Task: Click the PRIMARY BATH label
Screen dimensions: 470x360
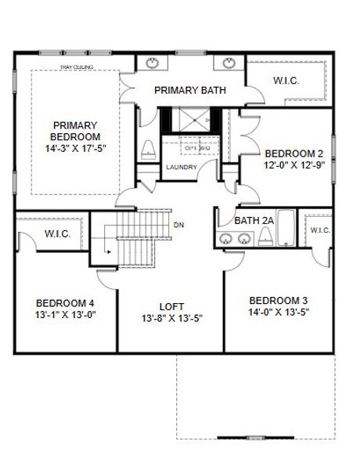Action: click(x=190, y=90)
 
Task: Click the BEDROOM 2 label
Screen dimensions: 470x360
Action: click(x=293, y=154)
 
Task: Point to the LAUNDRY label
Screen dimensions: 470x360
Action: click(x=181, y=167)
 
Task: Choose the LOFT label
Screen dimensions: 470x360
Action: click(x=171, y=307)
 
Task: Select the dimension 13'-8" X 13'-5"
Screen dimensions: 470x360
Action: click(x=171, y=319)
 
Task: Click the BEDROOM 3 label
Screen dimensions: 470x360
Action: click(x=279, y=300)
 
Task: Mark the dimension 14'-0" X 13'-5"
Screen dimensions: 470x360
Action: click(x=279, y=312)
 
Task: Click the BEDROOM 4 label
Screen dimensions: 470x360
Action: click(x=65, y=303)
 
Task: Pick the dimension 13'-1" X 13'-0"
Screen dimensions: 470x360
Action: click(x=65, y=315)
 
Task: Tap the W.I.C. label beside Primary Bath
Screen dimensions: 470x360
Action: click(x=286, y=80)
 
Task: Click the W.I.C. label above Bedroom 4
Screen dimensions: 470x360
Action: click(x=59, y=233)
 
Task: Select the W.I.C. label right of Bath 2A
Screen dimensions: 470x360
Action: click(x=320, y=230)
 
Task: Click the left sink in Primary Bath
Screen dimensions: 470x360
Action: click(x=151, y=63)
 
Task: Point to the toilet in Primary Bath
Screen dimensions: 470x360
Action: click(x=149, y=148)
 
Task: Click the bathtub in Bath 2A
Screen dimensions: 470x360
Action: click(x=286, y=228)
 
